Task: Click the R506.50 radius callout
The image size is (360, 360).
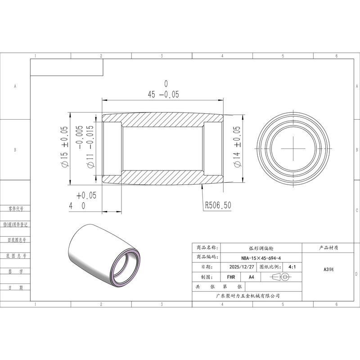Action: pos(218,205)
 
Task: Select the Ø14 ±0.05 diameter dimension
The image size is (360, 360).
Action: pos(237,147)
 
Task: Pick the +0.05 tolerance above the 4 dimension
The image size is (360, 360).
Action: pos(86,196)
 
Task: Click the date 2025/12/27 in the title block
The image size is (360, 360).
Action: pos(242,267)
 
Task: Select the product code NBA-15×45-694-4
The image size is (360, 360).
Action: pos(261,258)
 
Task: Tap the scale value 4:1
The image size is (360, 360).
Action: pos(292,267)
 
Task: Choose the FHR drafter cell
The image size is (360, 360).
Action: pos(231,277)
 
